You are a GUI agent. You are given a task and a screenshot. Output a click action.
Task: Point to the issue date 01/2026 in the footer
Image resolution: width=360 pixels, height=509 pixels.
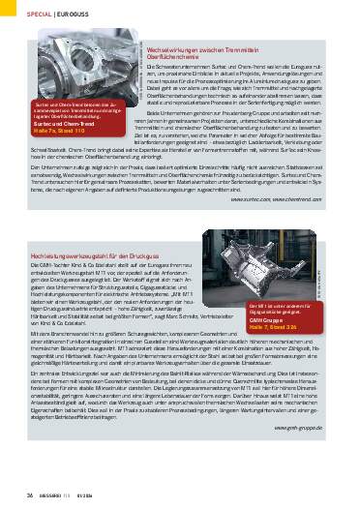[97, 495]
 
